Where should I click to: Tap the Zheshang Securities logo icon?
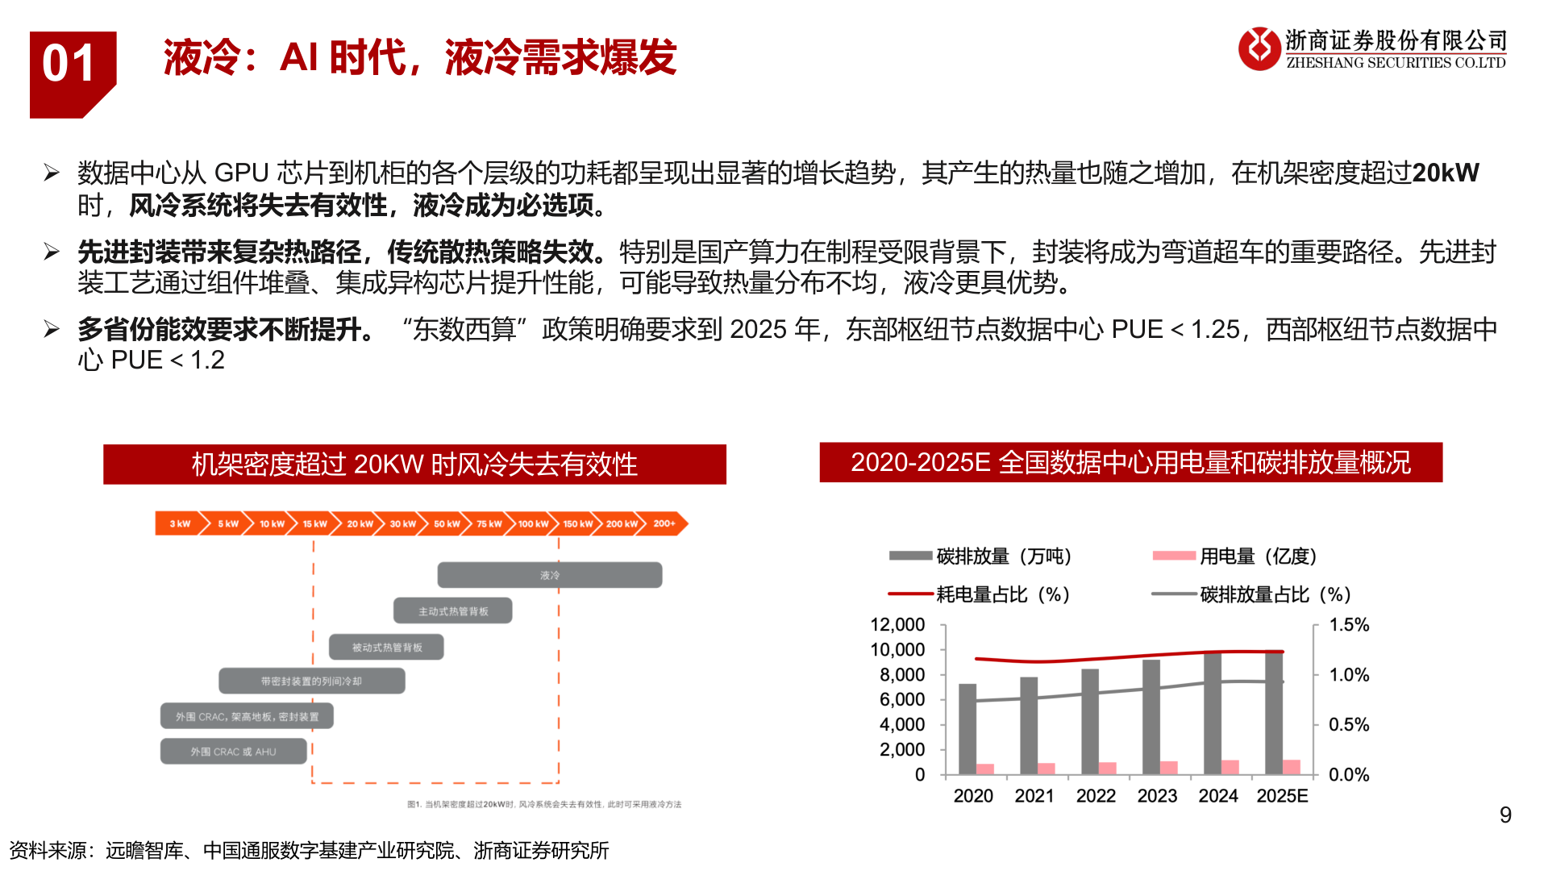[x=1259, y=48]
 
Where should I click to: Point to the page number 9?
[x=1504, y=815]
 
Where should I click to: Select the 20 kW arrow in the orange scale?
[x=360, y=523]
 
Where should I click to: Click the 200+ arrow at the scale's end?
[x=665, y=523]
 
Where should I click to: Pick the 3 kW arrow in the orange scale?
[x=179, y=523]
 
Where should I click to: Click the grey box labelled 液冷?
[x=549, y=575]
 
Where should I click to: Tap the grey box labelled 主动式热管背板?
[x=452, y=611]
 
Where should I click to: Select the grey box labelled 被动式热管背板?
[x=386, y=647]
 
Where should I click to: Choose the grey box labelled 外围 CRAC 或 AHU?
[x=233, y=751]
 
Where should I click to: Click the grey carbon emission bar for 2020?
[x=967, y=729]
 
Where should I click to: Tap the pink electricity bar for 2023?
[x=1168, y=767]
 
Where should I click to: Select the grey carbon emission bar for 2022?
[x=1089, y=722]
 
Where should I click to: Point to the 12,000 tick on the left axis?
[x=897, y=625]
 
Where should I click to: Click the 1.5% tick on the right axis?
[x=1349, y=625]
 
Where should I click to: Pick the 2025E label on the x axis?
[x=1282, y=796]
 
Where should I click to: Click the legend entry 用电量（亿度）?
[x=1258, y=556]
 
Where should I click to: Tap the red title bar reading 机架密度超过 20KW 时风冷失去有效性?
[x=414, y=464]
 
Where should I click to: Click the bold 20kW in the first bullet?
[x=1445, y=173]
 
